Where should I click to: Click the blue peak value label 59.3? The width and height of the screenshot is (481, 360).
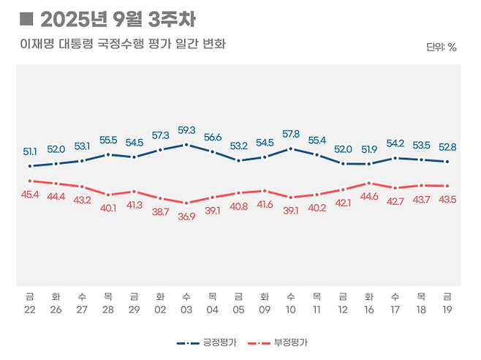tap(186, 130)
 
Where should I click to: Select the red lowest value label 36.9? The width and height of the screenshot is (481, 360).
tap(186, 217)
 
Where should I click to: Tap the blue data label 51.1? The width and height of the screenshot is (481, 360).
tap(30, 151)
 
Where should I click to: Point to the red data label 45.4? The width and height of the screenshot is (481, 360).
tap(30, 195)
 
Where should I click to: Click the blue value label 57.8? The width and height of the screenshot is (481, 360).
tap(291, 135)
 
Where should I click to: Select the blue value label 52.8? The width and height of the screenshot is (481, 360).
tap(447, 147)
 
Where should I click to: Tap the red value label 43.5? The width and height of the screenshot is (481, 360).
tap(447, 200)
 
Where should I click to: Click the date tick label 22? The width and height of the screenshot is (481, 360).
tap(30, 309)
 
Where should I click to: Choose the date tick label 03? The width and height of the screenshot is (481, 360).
tap(186, 309)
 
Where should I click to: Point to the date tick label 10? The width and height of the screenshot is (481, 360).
tap(291, 309)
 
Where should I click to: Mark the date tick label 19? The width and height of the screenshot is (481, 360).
tap(447, 309)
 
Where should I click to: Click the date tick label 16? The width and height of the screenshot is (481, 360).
tap(369, 309)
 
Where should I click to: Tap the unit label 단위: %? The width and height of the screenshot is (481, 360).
tap(441, 48)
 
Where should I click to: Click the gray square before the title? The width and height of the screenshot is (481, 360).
tap(26, 18)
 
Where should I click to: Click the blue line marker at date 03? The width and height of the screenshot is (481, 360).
tap(186, 144)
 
